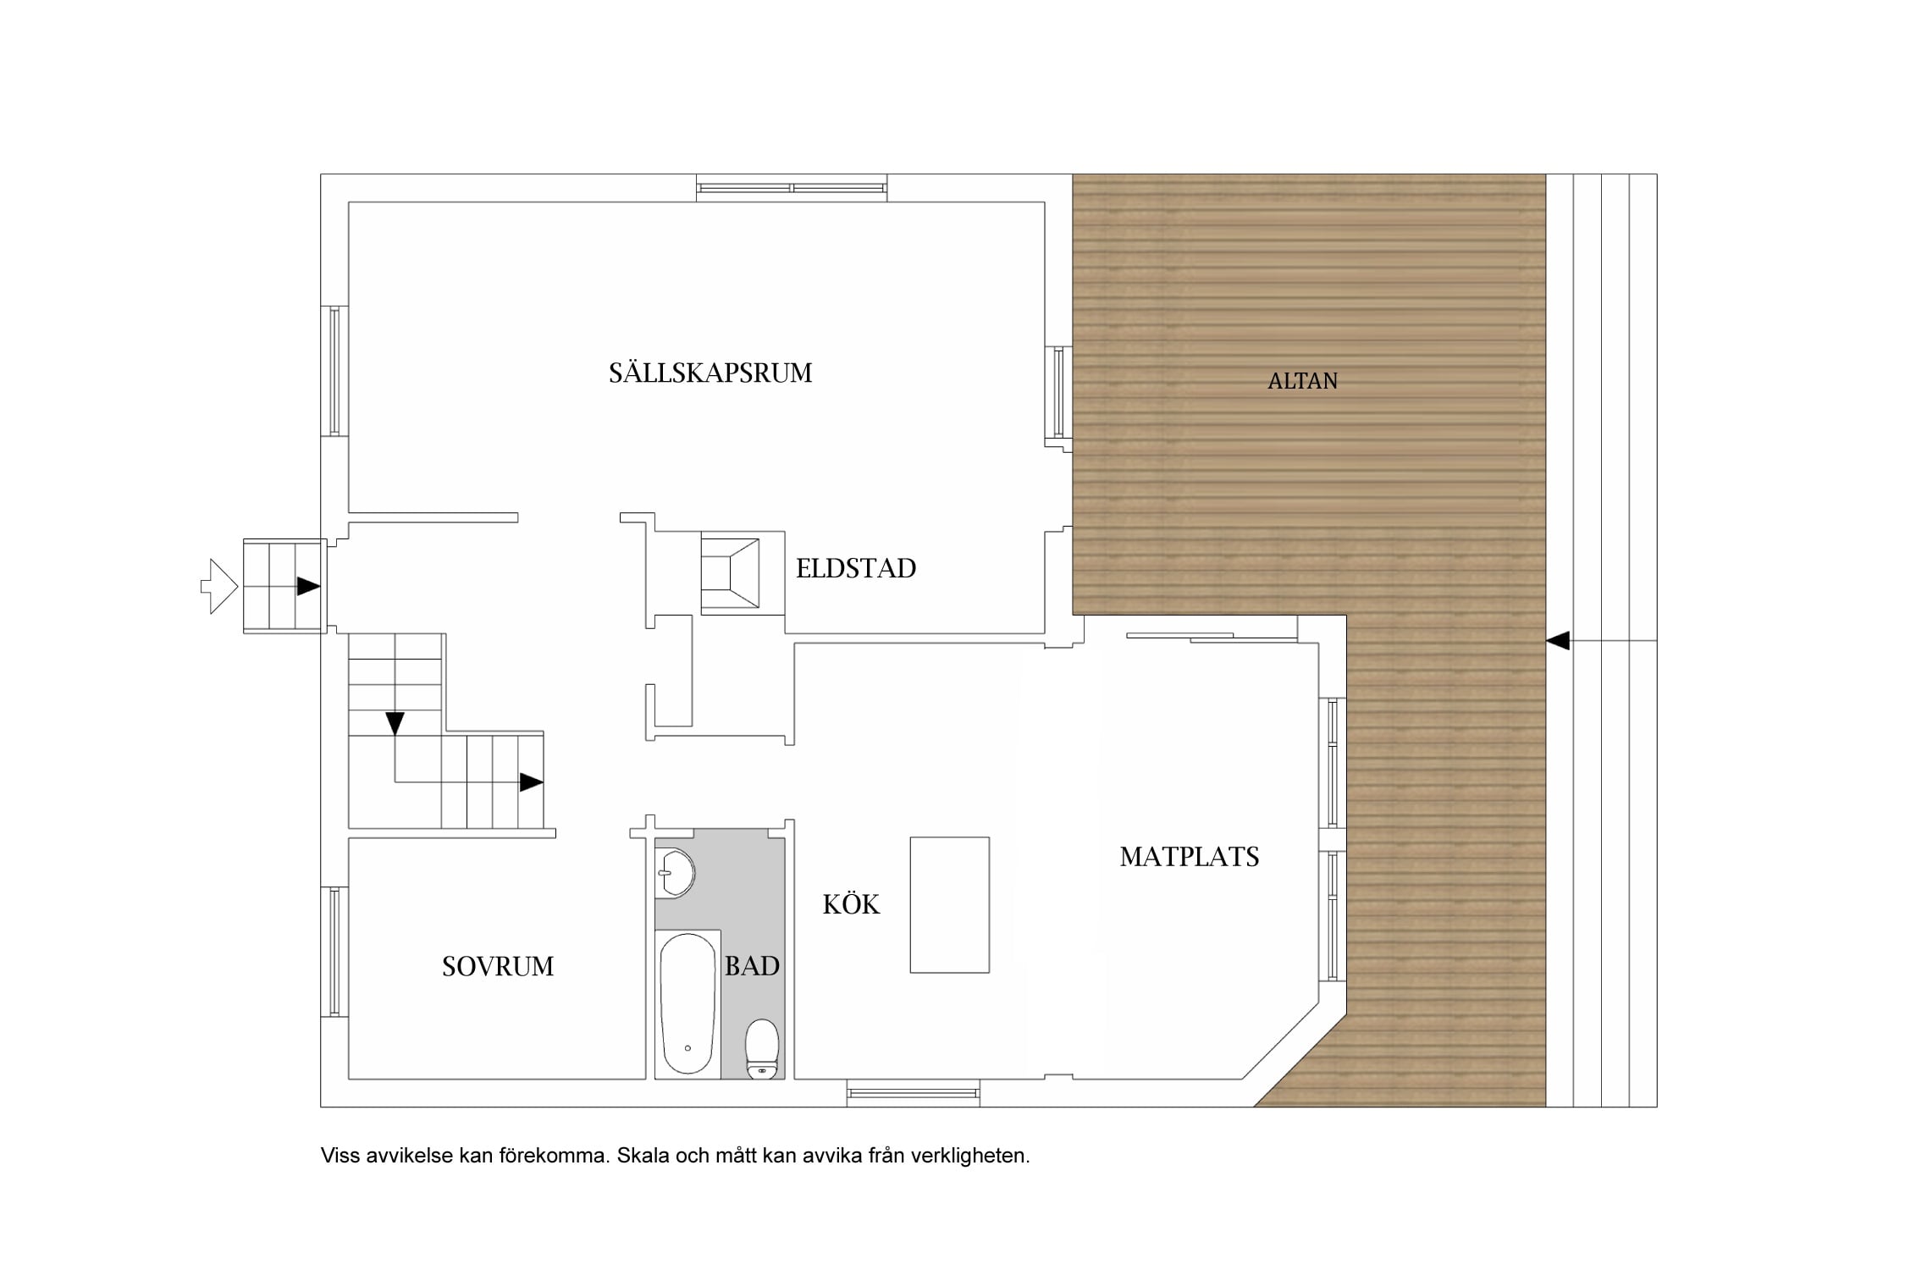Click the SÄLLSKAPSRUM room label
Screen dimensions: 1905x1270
(710, 373)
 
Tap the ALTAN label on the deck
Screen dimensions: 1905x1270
(1302, 381)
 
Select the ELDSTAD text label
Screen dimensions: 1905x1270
(856, 568)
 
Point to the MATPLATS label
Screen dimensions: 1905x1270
(1190, 857)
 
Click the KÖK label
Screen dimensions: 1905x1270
(851, 903)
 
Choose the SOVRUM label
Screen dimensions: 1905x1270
(498, 966)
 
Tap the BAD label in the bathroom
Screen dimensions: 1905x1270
(752, 965)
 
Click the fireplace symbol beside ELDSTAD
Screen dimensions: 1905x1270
(730, 573)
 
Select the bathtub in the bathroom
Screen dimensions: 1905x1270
(687, 1003)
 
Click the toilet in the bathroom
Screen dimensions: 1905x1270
(762, 1048)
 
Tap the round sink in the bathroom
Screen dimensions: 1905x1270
(676, 872)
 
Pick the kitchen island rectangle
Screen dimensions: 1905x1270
(949, 905)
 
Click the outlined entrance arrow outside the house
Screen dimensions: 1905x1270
(219, 586)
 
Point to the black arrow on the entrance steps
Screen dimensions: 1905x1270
(308, 586)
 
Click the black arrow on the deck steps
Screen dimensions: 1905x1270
(1558, 641)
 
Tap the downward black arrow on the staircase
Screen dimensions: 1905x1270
(395, 724)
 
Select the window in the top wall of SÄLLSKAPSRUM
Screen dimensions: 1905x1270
(792, 188)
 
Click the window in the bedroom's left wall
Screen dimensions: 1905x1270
(334, 952)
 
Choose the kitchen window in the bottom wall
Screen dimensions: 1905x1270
(914, 1093)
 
